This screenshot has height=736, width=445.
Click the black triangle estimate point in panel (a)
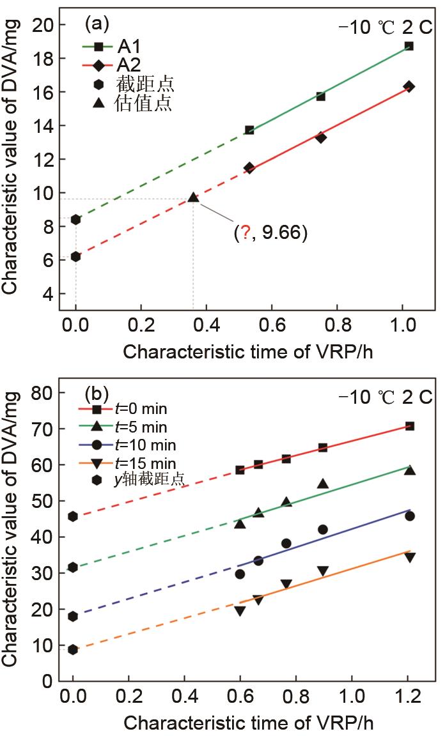pyautogui.click(x=193, y=198)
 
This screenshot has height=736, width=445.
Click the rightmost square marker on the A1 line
pyautogui.click(x=409, y=46)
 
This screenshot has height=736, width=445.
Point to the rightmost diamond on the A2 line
pyautogui.click(x=409, y=86)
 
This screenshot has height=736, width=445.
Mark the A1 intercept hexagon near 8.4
pyautogui.click(x=75, y=220)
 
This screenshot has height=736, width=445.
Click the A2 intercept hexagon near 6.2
pyautogui.click(x=75, y=257)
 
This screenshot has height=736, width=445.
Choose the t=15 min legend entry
pyautogui.click(x=137, y=462)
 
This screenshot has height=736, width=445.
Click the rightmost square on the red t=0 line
pyautogui.click(x=409, y=426)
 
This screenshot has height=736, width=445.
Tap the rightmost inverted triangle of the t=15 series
pyautogui.click(x=409, y=557)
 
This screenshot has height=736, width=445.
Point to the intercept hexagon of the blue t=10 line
pyautogui.click(x=73, y=617)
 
